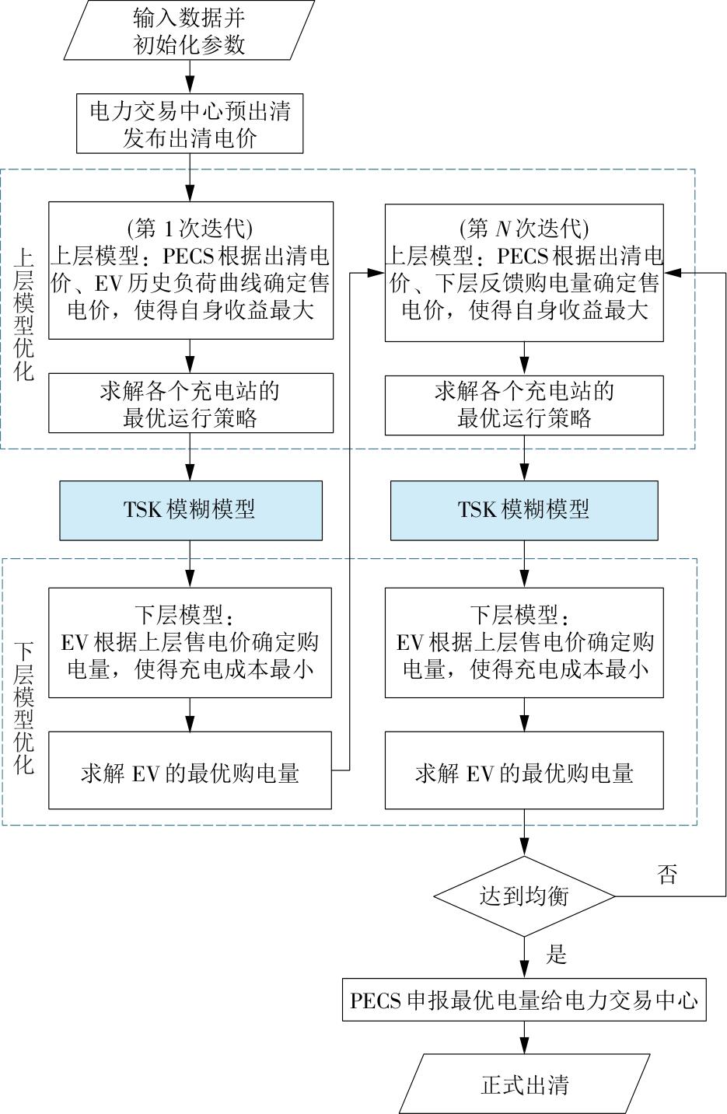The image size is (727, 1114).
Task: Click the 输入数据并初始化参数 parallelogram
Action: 189,30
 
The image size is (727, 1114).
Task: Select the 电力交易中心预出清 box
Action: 189,124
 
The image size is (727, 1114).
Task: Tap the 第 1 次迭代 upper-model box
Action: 190,270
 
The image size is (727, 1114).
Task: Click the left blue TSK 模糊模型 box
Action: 190,510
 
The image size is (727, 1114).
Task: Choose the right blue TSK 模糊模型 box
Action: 523,510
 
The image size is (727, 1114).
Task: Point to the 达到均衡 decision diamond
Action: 524,896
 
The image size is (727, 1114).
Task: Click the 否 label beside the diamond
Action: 667,875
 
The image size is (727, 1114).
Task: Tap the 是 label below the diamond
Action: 556,955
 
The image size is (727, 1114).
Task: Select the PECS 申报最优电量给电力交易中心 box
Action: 524,1000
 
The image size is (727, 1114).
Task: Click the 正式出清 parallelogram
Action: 524,1084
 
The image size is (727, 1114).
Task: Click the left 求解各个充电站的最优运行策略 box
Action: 190,403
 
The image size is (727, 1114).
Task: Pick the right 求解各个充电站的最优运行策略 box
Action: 524,405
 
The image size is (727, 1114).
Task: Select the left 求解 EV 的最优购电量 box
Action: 190,770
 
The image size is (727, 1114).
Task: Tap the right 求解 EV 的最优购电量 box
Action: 524,770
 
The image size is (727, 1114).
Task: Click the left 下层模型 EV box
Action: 190,642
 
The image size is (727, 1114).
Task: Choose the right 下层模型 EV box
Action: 524,642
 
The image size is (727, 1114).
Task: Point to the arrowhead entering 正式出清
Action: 524,1047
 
